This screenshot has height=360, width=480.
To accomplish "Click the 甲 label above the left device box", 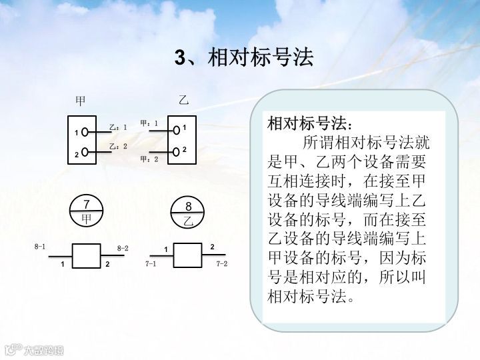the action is tap(81, 101).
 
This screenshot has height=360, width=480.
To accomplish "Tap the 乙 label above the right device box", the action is tap(183, 101).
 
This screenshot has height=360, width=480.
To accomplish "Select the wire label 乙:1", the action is tap(117, 127).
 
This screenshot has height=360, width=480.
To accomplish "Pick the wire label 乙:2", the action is tap(117, 147).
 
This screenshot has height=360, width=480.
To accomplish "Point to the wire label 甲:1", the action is tap(149, 123).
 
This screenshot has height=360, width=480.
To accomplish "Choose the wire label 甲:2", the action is tap(149, 159).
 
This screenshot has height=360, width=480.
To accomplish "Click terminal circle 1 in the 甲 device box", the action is tap(85, 133).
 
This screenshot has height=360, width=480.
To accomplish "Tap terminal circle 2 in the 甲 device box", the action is tap(85, 153).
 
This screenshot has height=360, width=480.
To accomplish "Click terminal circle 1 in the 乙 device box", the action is tap(176, 129).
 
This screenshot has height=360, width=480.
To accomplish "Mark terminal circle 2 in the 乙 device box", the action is tap(176, 151).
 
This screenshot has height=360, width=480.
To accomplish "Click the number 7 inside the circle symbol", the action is tap(86, 205).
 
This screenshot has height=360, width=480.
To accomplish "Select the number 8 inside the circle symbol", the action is tap(189, 207).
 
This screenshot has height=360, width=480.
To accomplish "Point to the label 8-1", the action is tap(40, 247).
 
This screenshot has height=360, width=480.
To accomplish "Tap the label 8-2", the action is tap(123, 248).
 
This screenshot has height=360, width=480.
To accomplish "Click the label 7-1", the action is tap(151, 265).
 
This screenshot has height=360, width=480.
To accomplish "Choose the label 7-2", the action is tap(222, 264).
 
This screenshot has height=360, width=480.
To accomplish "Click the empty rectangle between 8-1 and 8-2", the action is tap(85, 255).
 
